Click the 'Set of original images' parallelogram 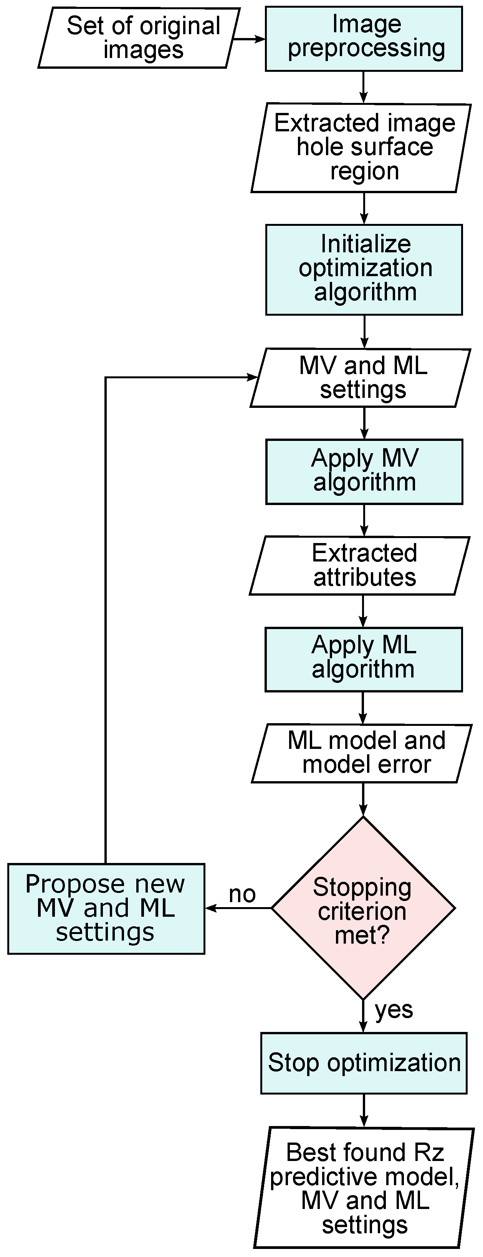pos(139,38)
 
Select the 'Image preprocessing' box pos(364,38)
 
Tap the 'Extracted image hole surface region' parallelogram pos(361,147)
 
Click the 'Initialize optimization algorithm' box pos(364,269)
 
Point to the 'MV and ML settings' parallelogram pos(360,378)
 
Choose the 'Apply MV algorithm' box pos(364,471)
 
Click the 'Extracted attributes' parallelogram pos(360,566)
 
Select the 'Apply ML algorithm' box pos(364,659)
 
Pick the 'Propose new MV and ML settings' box pos(106,909)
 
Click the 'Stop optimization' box pos(364,1063)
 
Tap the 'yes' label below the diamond pos(394,1010)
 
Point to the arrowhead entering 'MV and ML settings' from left pos(253,377)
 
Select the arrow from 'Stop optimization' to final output pos(364,1111)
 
